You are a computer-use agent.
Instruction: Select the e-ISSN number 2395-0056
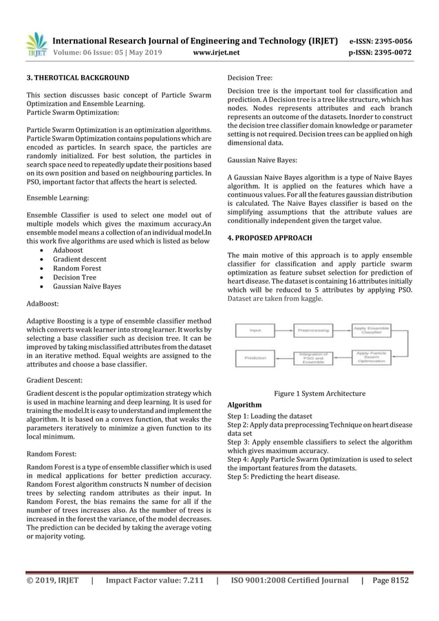pos(390,41)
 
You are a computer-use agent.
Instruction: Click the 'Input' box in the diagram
pos(255,330)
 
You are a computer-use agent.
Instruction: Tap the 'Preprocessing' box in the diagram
pos(313,330)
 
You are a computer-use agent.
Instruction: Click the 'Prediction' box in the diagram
pos(255,358)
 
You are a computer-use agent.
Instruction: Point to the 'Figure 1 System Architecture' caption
pos(319,393)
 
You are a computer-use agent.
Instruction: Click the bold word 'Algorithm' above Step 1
pos(244,404)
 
